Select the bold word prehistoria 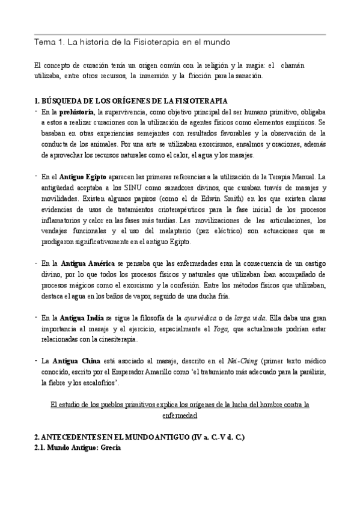(x=80, y=112)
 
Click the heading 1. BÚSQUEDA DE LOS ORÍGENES (x=131, y=100)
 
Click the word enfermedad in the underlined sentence (x=180, y=415)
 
